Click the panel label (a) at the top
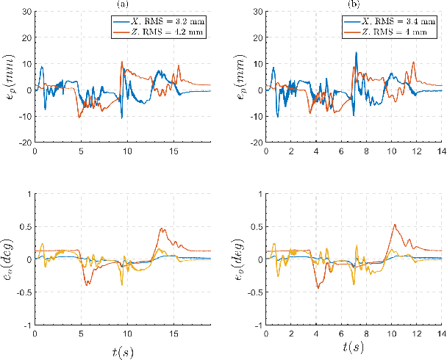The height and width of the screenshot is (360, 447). point(122,4)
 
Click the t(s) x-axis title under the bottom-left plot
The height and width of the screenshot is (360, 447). point(122,350)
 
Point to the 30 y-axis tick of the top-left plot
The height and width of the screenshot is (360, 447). point(26,12)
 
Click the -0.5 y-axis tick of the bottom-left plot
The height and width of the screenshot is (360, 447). point(24,292)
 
